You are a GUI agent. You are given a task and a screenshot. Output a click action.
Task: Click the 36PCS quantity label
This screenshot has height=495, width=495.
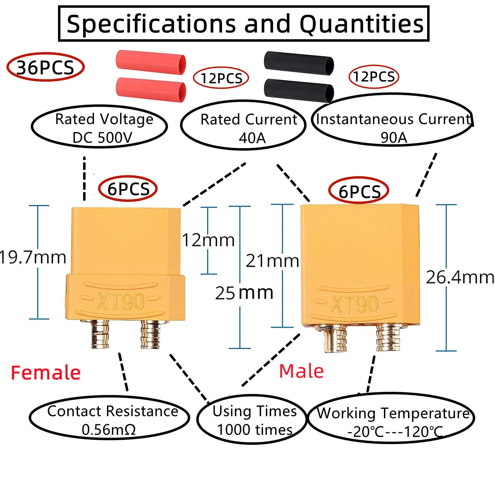(x=45, y=68)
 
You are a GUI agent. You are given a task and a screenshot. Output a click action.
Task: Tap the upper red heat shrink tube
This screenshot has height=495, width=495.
(x=151, y=63)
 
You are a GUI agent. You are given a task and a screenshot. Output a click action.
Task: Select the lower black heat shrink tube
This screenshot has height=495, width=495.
(x=299, y=91)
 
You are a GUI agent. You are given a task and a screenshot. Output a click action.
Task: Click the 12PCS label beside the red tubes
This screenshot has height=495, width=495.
(x=221, y=78)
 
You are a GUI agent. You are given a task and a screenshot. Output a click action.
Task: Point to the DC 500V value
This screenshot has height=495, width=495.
(x=102, y=138)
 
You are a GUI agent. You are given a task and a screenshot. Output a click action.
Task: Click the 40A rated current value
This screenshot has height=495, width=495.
(x=252, y=138)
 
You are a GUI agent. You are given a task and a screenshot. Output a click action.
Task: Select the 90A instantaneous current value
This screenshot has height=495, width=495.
(x=394, y=138)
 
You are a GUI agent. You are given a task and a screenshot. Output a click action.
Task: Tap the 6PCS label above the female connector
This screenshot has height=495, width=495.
(x=128, y=189)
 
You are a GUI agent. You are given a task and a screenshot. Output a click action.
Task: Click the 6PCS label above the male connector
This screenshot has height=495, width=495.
(x=359, y=192)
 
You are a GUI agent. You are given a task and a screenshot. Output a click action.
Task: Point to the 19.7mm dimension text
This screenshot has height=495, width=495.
(x=33, y=257)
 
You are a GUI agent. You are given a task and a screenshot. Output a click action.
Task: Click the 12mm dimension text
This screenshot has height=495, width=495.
(x=208, y=240)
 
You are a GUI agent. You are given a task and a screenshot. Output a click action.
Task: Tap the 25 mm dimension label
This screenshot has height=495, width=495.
(x=244, y=293)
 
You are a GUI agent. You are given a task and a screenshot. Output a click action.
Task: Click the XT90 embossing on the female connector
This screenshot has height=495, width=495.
(x=120, y=301)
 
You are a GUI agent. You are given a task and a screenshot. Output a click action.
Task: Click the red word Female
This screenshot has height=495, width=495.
(x=46, y=372)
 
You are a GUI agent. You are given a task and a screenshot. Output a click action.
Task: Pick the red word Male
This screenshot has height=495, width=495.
(x=301, y=371)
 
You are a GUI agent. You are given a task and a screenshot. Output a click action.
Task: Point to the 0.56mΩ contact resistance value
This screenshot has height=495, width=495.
(x=109, y=430)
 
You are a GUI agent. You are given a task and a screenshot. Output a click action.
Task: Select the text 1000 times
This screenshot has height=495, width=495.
(x=255, y=430)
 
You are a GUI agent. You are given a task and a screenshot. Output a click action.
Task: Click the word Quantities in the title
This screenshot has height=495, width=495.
(x=361, y=24)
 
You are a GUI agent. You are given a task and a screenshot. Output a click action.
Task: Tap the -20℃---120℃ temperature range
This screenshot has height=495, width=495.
(x=395, y=432)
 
